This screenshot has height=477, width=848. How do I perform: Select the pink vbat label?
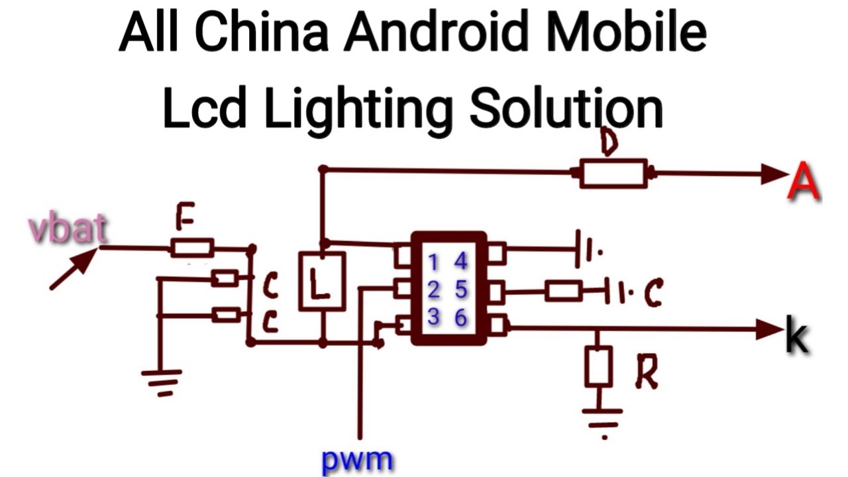[x=68, y=229]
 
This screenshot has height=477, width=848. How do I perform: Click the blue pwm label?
[x=357, y=459]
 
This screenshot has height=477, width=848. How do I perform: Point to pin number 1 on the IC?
[x=433, y=263]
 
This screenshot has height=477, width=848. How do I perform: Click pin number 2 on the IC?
[x=433, y=290]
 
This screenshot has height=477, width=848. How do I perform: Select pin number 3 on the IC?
[x=433, y=317]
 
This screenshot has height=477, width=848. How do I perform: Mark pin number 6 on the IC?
[x=461, y=317]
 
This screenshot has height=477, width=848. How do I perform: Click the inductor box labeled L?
[x=321, y=281]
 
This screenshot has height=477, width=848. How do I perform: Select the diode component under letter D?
[x=613, y=174]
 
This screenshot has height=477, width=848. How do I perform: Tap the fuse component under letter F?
[x=192, y=248]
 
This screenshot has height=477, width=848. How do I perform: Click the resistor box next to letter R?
[x=598, y=366]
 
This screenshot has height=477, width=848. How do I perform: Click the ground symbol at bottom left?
[x=161, y=382]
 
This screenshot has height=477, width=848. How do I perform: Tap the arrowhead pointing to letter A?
[x=773, y=174]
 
